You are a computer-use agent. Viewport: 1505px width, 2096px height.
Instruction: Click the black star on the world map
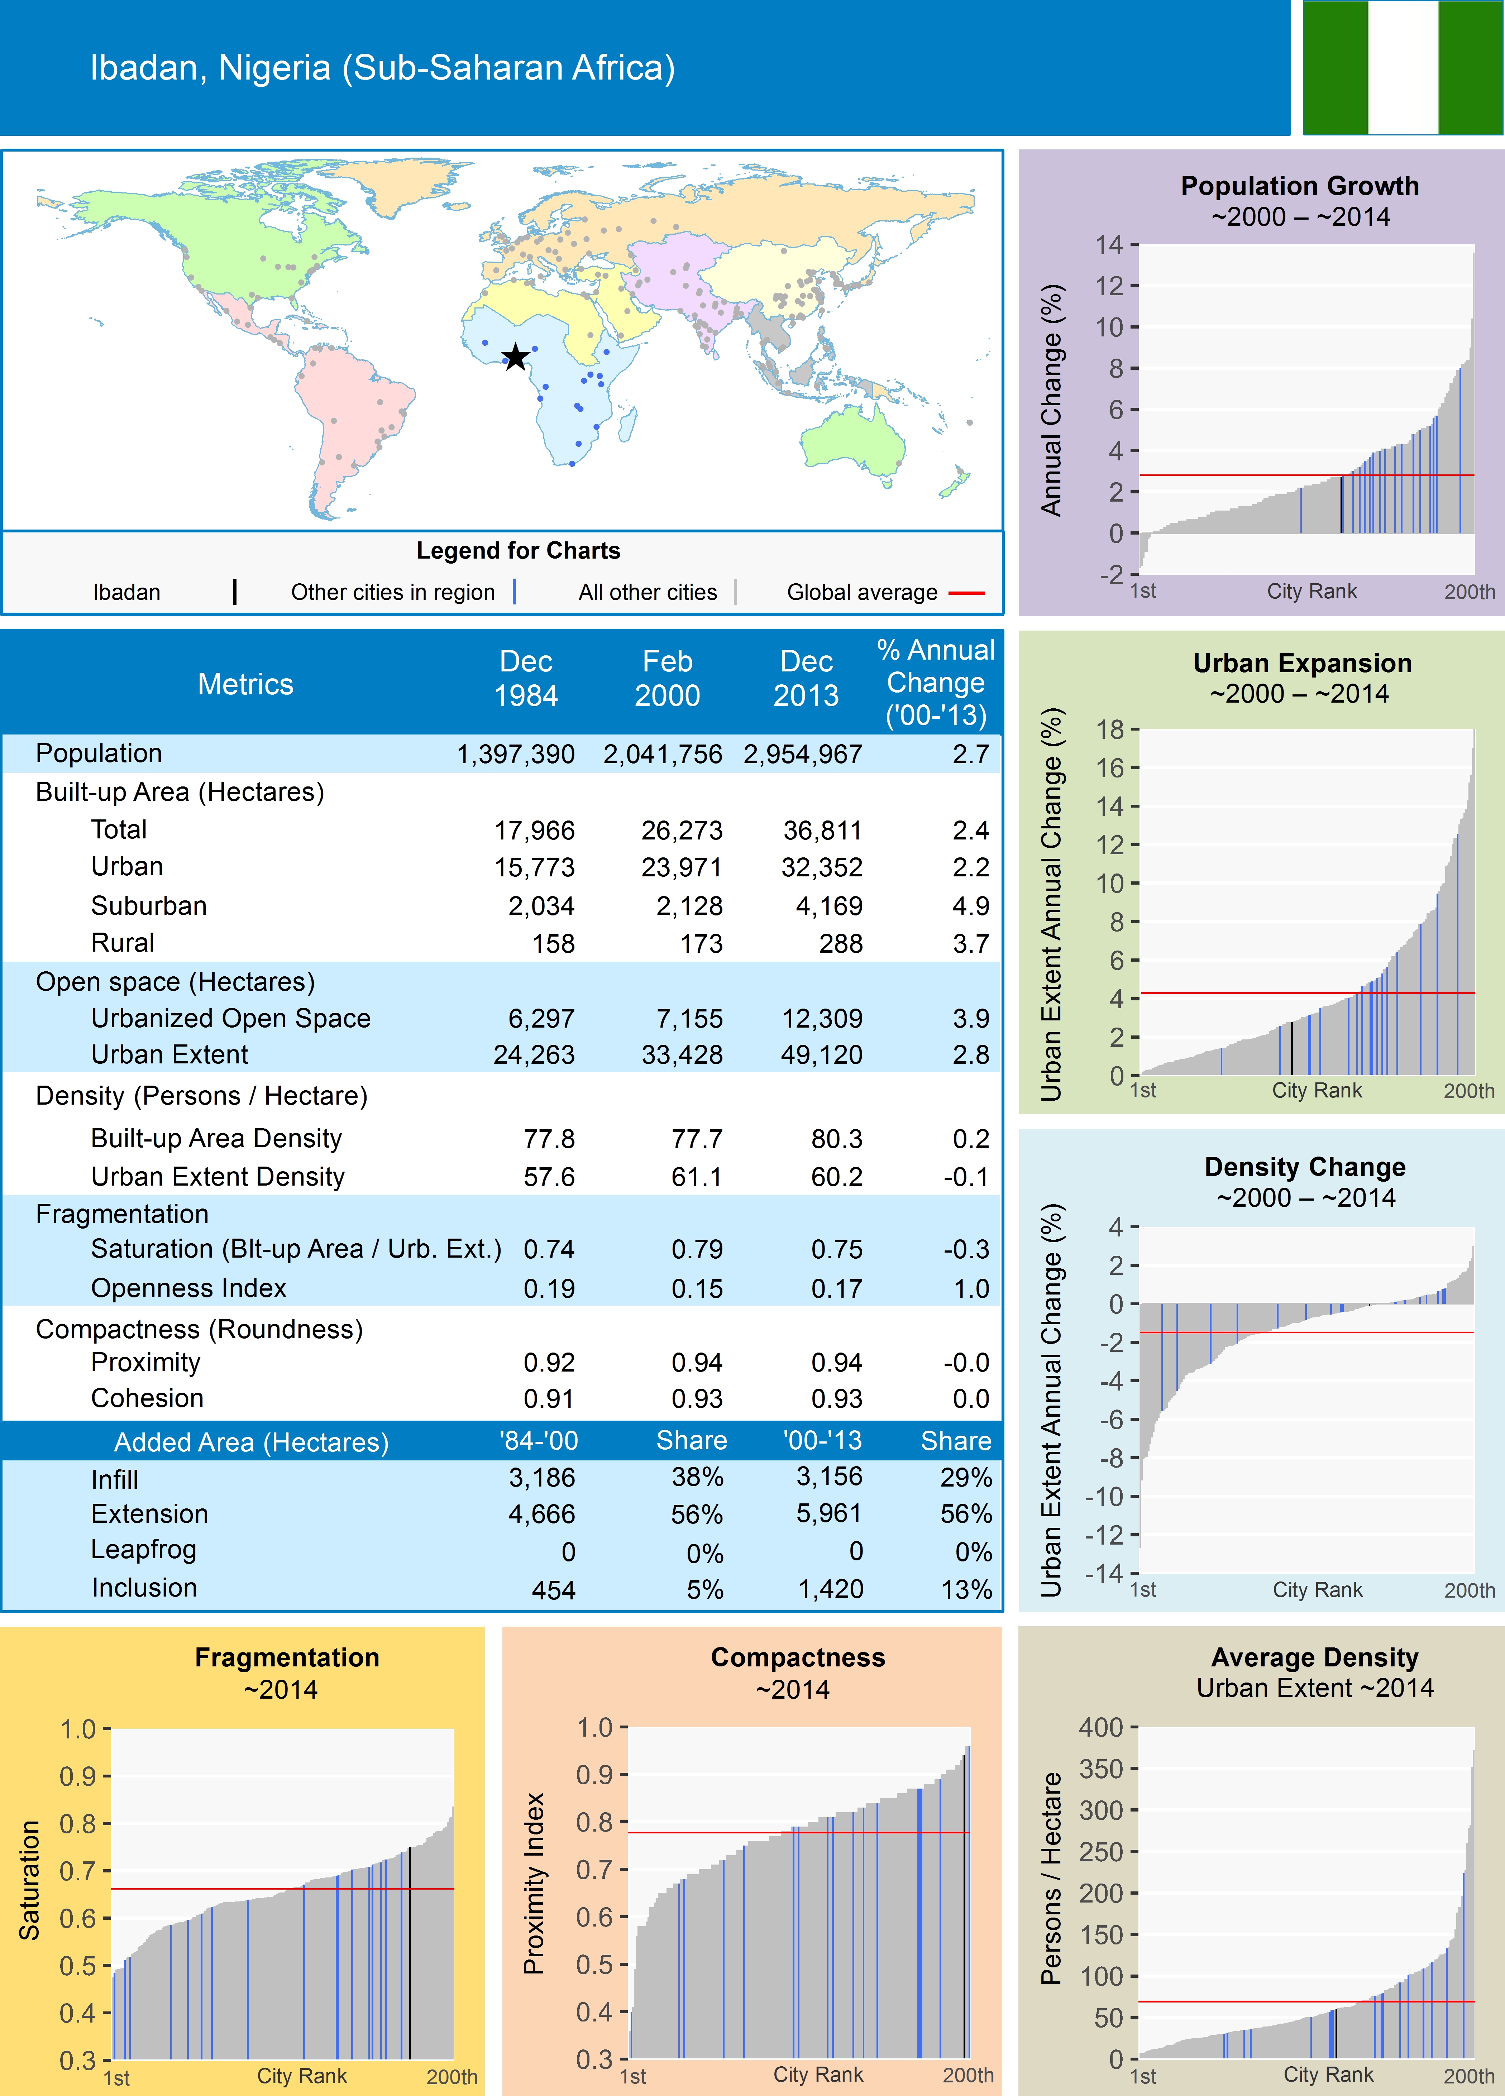pos(515,357)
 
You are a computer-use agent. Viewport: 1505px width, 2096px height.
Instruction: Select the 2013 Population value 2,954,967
pos(802,754)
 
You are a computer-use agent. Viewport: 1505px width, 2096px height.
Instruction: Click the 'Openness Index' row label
pos(188,1288)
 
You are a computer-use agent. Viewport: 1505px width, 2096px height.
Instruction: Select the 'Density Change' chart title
pos(1304,1167)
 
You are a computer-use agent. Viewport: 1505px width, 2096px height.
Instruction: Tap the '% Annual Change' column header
pos(936,682)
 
